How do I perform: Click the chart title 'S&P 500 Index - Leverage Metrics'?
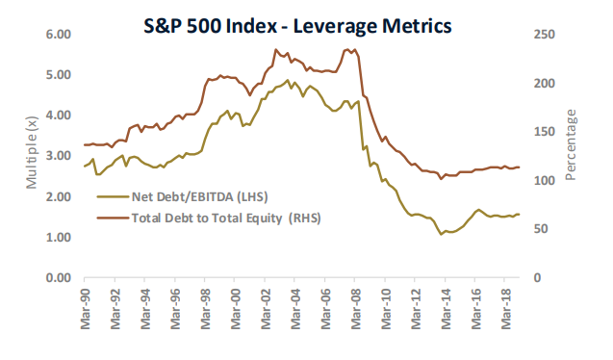297,26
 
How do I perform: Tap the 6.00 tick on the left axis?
59,35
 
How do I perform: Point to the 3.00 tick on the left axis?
59,156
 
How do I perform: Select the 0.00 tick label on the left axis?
59,278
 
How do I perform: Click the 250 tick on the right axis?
545,35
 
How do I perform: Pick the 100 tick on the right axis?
545,181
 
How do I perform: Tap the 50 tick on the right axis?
541,229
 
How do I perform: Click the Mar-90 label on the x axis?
85,309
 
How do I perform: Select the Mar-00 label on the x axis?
235,309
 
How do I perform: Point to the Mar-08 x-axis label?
355,309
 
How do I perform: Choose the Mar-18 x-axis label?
506,309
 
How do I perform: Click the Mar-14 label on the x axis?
446,309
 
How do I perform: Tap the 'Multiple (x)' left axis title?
31,152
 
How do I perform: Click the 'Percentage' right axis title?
571,145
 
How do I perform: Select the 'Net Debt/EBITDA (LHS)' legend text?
200,196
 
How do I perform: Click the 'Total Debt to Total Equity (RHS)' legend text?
226,219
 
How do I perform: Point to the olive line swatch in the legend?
113,196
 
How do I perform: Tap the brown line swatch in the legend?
113,218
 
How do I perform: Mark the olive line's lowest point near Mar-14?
441,234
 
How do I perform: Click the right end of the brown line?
520,167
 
